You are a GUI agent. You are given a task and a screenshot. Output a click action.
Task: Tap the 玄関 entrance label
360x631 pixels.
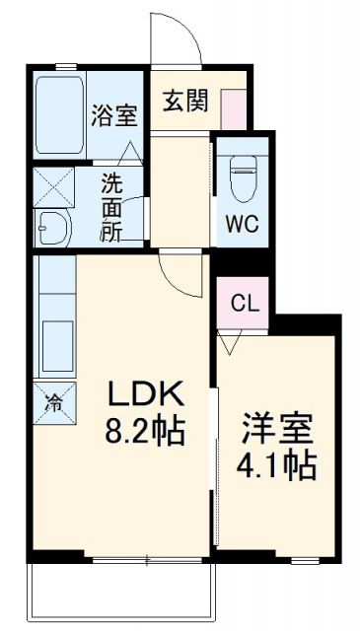coord(184,101)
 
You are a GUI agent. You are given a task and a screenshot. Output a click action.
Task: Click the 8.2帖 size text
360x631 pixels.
coord(145,431)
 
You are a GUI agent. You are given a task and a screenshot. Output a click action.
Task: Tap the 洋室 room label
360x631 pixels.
coord(277,430)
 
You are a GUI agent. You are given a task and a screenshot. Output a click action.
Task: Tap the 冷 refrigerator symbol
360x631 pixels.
coord(53,401)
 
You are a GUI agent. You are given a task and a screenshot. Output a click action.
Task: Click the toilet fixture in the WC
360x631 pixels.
coord(243,178)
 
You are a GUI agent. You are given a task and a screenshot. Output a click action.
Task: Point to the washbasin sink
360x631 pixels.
coord(51,229)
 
